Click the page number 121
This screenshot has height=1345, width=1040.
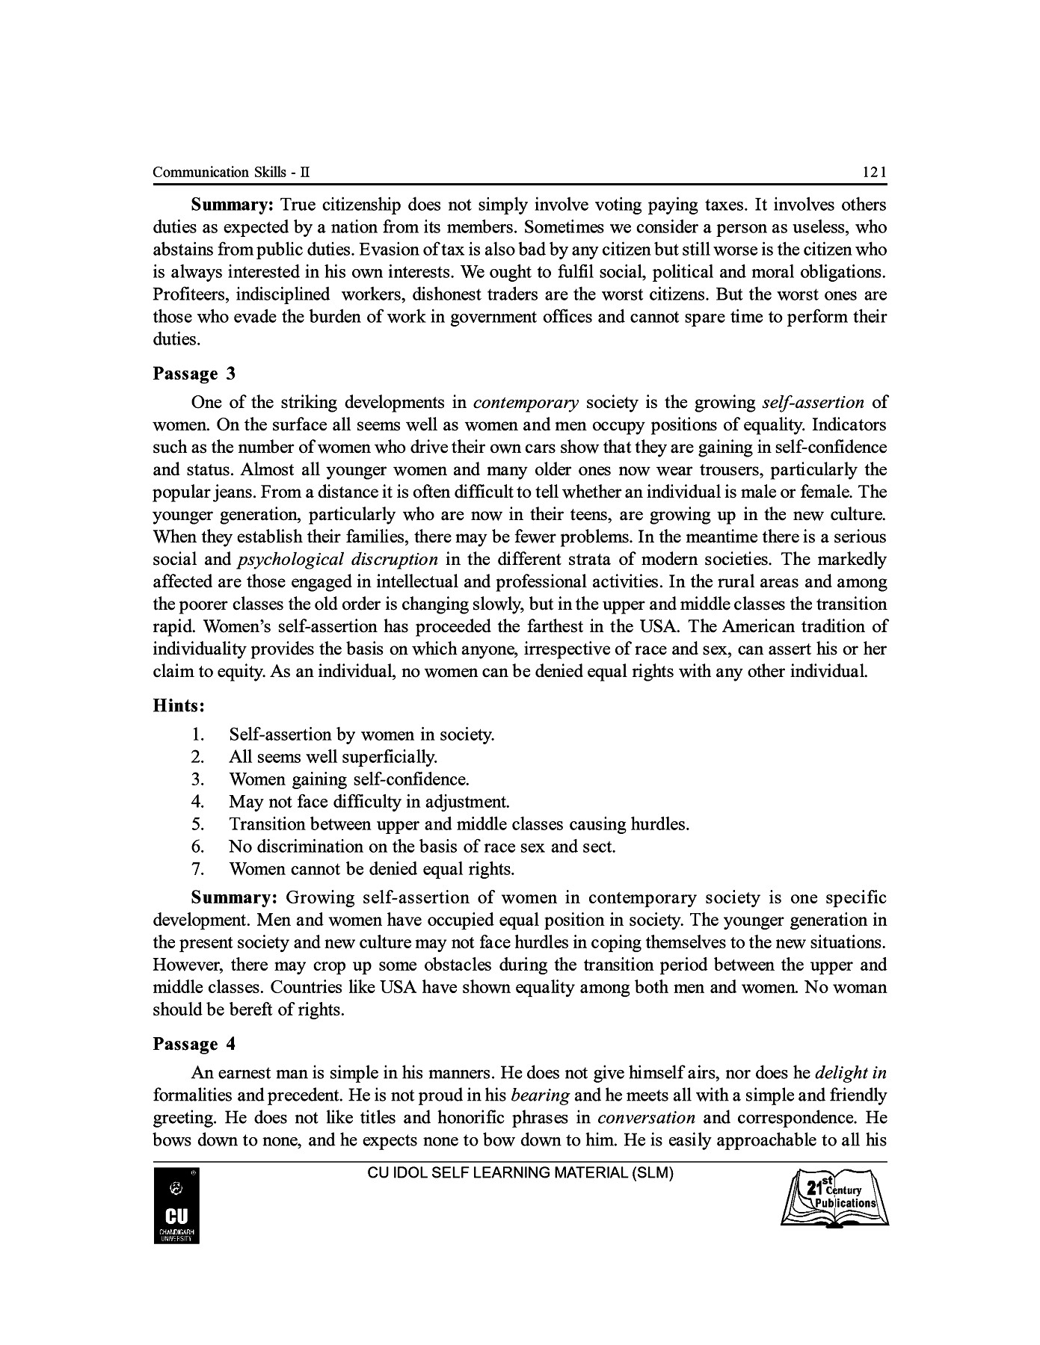click(874, 173)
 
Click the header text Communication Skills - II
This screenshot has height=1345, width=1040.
click(231, 173)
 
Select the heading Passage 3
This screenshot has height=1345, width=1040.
click(194, 374)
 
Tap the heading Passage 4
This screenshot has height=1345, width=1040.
click(194, 1045)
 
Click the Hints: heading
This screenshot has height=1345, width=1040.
click(179, 706)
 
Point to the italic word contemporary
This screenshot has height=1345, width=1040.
click(526, 403)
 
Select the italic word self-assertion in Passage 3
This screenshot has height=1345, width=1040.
click(813, 403)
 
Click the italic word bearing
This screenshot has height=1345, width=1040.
click(541, 1096)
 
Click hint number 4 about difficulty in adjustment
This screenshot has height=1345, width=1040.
click(369, 803)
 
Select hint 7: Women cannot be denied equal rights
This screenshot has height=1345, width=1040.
click(372, 870)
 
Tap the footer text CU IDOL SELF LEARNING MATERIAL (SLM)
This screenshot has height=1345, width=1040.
click(520, 1173)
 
